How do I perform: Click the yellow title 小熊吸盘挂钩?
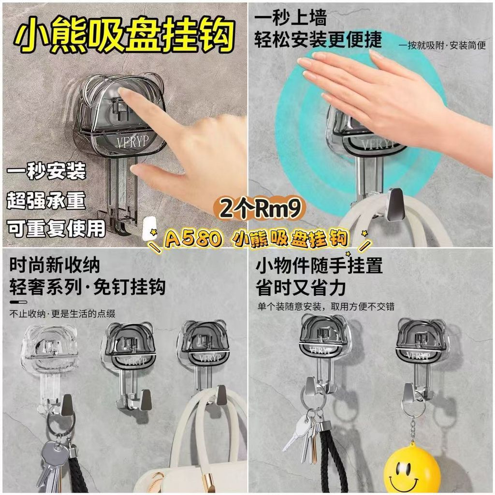[x=125, y=35]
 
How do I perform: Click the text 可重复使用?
[x=56, y=228]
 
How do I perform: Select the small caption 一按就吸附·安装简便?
[x=442, y=45]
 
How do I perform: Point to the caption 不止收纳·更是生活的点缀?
[x=62, y=313]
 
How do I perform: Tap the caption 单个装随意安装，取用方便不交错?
[x=326, y=306]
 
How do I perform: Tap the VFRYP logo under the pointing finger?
[x=132, y=142]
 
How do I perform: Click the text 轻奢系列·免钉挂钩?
[x=87, y=287]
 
